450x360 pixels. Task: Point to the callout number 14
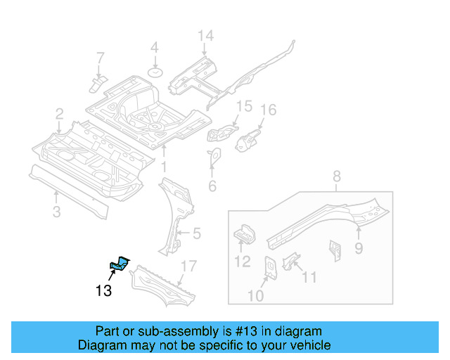coord(204,36)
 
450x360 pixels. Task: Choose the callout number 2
coord(60,113)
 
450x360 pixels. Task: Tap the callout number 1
coord(163,168)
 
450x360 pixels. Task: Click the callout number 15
coord(243,106)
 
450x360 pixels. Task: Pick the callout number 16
coord(269,110)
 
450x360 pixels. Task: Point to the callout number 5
coord(197,233)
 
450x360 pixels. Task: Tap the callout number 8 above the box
coord(336,176)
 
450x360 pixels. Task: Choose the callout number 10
coord(255,296)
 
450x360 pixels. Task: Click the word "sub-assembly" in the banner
coord(160,331)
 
